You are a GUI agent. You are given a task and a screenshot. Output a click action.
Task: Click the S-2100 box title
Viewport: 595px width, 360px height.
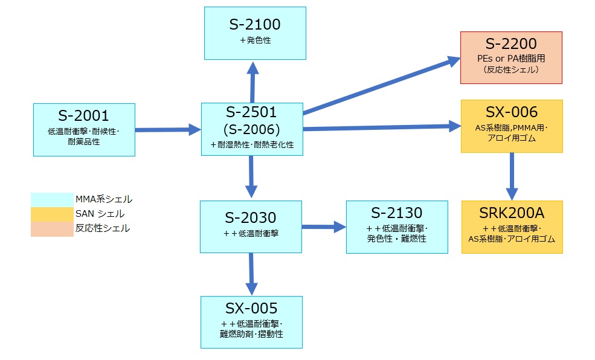coord(255,25)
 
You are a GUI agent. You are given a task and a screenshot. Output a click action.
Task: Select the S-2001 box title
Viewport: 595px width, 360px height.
coord(83,115)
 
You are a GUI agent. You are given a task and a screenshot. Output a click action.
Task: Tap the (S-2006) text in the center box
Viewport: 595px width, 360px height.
coord(251,129)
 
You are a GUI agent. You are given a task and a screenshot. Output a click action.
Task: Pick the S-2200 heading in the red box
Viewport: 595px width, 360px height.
coord(511,44)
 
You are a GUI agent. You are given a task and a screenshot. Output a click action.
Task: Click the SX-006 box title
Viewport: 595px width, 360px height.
coord(511,112)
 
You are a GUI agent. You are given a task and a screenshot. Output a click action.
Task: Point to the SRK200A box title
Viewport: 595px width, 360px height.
coord(512,214)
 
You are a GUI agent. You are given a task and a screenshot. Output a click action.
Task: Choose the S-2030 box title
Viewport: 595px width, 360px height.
coord(251,217)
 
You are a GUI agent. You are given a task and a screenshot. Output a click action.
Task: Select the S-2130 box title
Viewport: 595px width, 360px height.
coord(397,213)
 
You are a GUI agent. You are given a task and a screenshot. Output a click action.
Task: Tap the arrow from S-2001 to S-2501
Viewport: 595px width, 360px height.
coord(167,129)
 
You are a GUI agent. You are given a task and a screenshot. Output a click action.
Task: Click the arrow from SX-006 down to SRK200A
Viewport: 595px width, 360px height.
coord(512,176)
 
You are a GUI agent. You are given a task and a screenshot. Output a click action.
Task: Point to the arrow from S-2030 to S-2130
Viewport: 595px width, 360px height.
coord(323,227)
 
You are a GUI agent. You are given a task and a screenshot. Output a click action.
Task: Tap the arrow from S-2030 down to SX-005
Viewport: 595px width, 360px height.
coord(251,274)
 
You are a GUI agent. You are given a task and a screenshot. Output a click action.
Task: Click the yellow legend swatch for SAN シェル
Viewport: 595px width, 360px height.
coord(52,214)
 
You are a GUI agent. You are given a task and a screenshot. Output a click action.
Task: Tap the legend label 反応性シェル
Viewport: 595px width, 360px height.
coord(103,228)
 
